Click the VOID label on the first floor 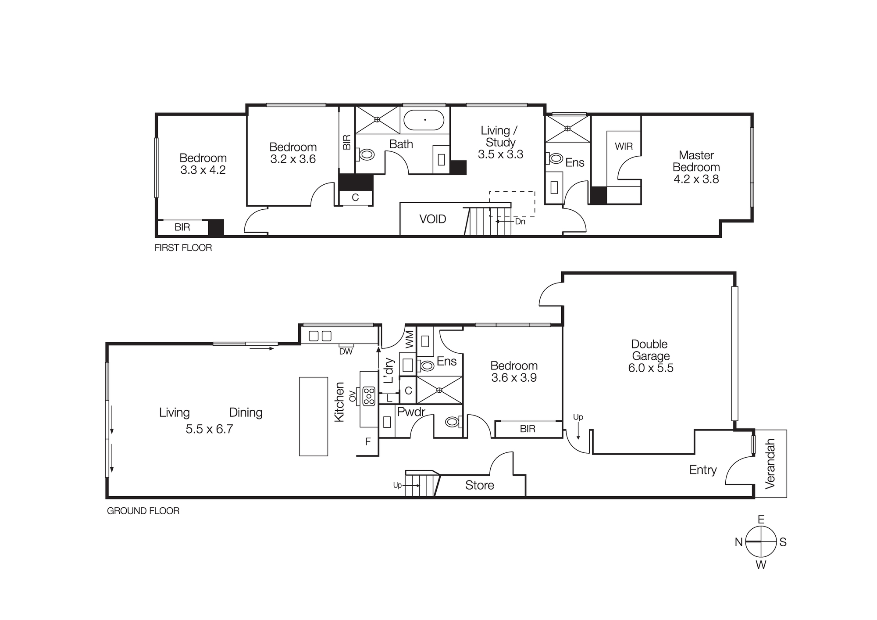432,219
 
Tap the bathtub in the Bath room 424,120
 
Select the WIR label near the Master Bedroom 624,147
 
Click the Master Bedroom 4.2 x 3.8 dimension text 696,179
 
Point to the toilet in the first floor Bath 367,154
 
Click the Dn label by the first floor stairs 520,222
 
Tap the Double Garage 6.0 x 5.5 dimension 650,368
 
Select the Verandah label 770,463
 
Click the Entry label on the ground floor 702,470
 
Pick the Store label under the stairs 479,485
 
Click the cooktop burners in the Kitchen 369,396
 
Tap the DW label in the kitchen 346,351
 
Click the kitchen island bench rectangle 314,416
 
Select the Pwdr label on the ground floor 411,412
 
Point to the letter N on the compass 738,542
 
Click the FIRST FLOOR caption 183,248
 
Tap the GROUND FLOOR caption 143,511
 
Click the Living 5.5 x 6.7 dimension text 209,429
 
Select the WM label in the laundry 409,339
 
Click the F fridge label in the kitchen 368,442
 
